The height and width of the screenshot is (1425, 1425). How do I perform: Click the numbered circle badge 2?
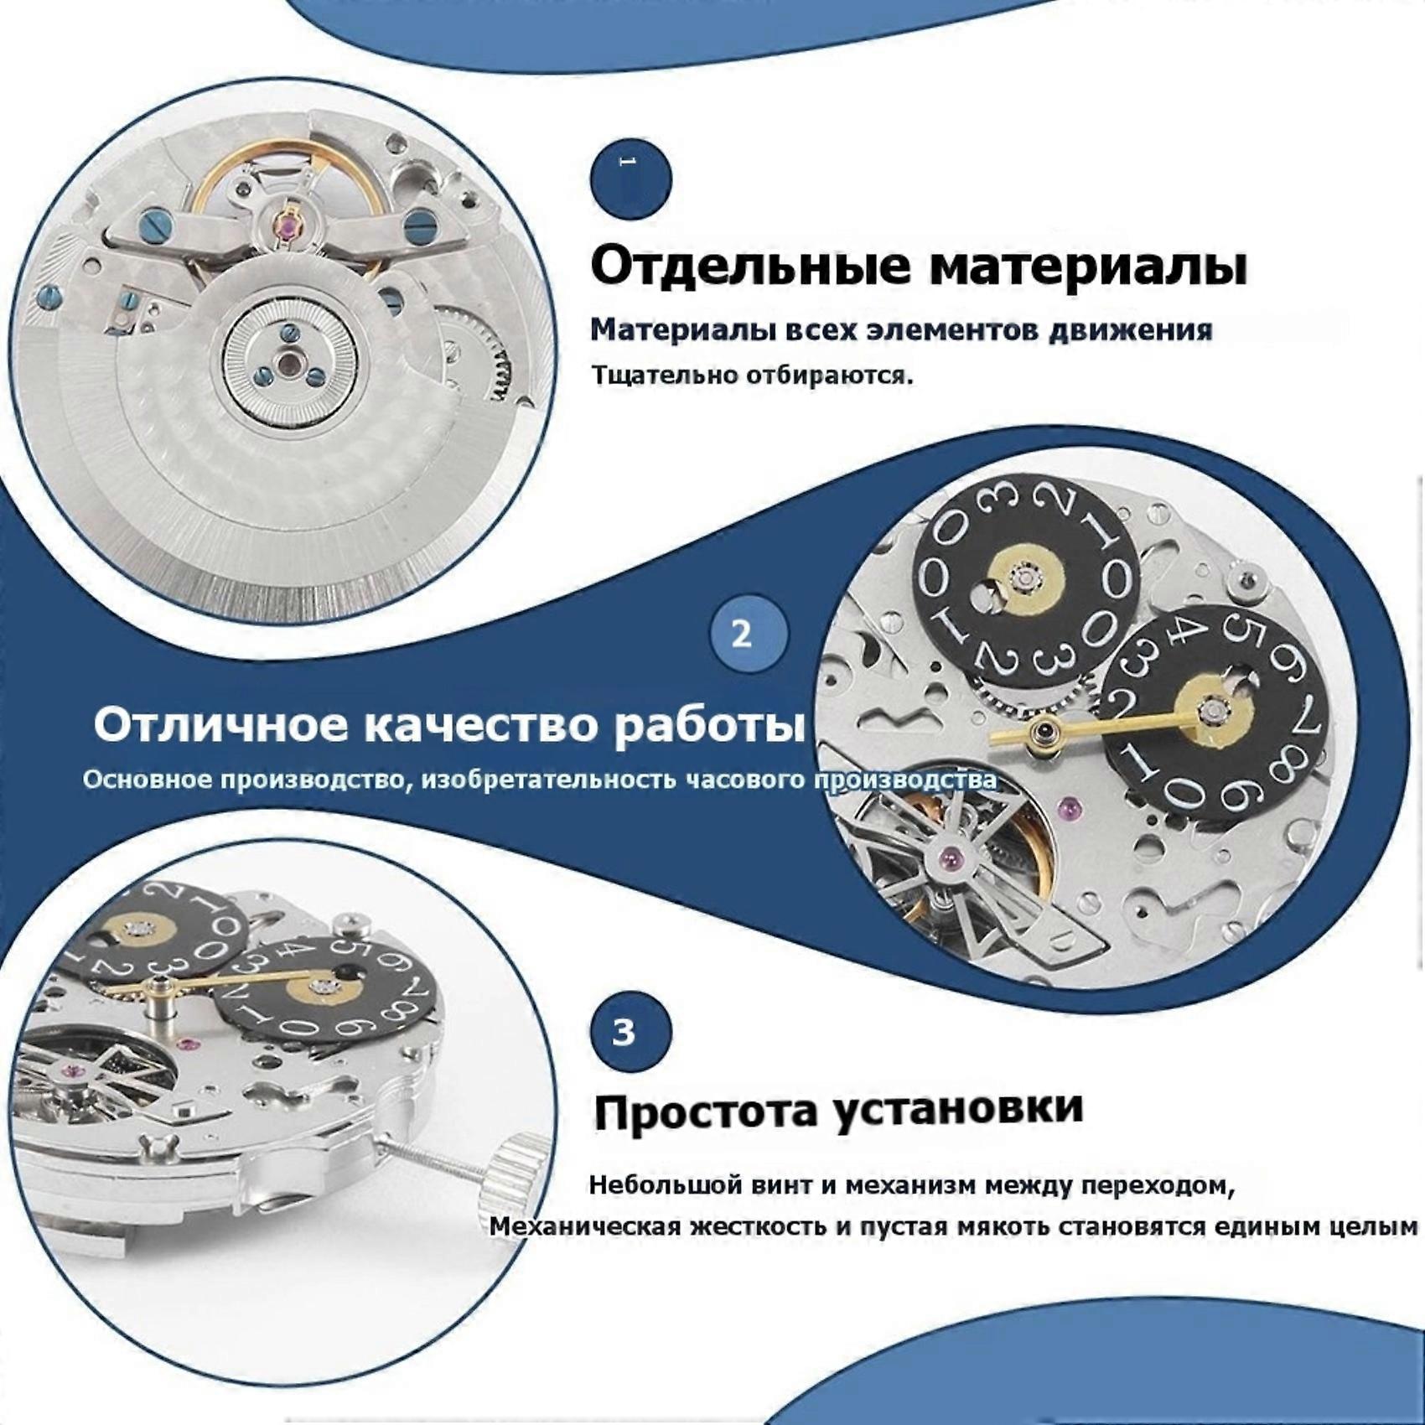[749, 635]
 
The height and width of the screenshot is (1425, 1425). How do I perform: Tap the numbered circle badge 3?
[631, 1032]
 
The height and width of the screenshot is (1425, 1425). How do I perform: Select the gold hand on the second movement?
[1097, 728]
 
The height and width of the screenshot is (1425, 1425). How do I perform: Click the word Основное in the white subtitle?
[148, 780]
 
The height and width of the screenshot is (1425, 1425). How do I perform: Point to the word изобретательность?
[549, 780]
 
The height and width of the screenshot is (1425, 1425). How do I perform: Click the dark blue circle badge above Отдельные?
[631, 179]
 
